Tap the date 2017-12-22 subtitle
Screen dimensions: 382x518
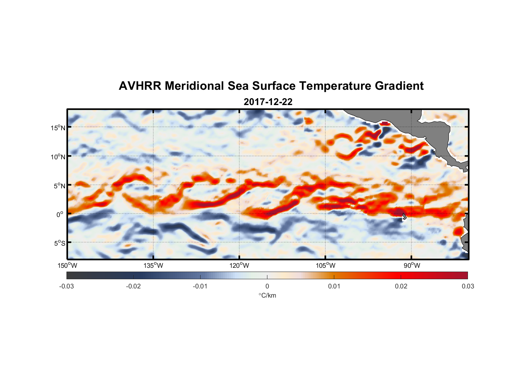[x=268, y=102]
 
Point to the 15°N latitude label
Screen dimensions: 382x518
[x=58, y=128]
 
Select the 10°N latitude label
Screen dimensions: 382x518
[x=58, y=157]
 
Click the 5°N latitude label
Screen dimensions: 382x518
[x=59, y=186]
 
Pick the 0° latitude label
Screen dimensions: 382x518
[x=60, y=215]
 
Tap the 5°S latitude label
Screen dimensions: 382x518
[x=59, y=243]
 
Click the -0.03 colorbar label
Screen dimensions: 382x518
[x=66, y=286]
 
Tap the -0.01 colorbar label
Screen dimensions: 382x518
[x=200, y=286]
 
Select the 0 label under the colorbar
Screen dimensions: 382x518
[x=267, y=286]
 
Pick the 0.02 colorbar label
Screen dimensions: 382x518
[x=401, y=286]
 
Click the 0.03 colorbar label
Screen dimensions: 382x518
[x=468, y=286]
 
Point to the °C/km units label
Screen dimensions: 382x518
[x=267, y=296]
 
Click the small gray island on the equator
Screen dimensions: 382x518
[x=404, y=217]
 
